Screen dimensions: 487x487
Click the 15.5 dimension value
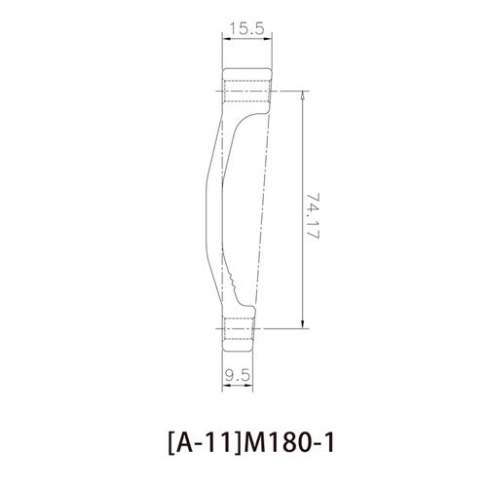[x=247, y=28]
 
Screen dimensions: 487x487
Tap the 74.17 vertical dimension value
[x=313, y=215]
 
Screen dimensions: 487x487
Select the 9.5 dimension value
[x=238, y=376]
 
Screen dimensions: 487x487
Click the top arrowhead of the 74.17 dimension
[x=303, y=95]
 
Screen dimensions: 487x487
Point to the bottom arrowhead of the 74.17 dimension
[x=303, y=323]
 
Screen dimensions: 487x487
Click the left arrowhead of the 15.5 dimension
[x=226, y=39]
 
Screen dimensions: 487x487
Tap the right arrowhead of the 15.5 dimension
[x=268, y=39]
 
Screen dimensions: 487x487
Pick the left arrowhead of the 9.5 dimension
[x=226, y=386]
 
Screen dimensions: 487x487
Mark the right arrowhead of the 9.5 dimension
[x=248, y=386]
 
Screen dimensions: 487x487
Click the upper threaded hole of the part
[x=247, y=91]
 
